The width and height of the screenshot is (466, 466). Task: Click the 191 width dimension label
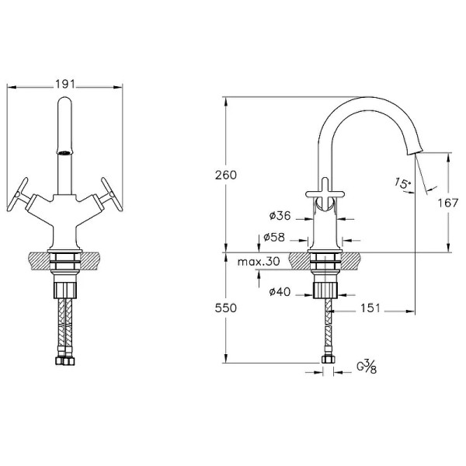click(x=65, y=85)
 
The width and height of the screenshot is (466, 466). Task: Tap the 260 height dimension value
click(x=226, y=175)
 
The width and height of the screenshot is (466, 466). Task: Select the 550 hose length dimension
click(x=226, y=308)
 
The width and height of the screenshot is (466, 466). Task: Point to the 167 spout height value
click(x=448, y=203)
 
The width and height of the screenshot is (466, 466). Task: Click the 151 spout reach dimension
click(x=370, y=308)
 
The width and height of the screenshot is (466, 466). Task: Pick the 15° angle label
click(x=402, y=183)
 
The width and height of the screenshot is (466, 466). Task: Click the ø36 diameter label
click(x=280, y=215)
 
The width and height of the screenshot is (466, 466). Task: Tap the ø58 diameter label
click(x=274, y=237)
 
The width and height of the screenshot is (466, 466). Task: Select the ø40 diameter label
click(x=280, y=292)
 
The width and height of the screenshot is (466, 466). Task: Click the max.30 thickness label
click(x=259, y=262)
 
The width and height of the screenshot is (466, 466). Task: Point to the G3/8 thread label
click(x=367, y=367)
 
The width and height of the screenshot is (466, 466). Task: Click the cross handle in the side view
click(x=325, y=193)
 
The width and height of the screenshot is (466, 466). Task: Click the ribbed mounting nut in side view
click(x=325, y=290)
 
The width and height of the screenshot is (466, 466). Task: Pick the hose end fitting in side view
click(x=328, y=359)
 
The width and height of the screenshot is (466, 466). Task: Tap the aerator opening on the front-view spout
click(x=64, y=153)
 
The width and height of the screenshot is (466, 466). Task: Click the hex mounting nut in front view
click(x=65, y=290)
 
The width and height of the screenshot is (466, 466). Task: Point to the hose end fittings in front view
click(x=65, y=360)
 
